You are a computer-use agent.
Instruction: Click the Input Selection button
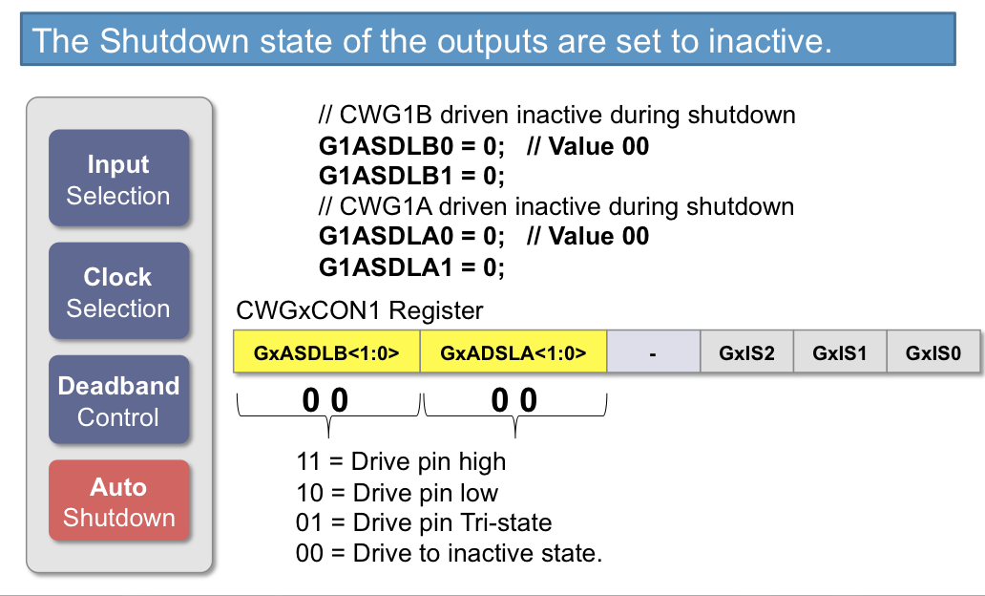(118, 178)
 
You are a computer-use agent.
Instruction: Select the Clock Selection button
(118, 291)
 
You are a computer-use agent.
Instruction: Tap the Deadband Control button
(118, 400)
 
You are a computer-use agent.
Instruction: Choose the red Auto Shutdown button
(118, 500)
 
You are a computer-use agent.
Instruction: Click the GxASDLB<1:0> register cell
(326, 352)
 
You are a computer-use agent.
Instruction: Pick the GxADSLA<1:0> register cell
(513, 352)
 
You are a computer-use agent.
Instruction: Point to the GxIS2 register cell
(747, 352)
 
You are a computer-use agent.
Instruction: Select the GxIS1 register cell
(840, 352)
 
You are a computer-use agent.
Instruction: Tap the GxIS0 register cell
(933, 352)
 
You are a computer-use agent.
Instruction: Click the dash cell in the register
(653, 352)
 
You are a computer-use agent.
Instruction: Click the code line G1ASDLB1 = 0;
(411, 176)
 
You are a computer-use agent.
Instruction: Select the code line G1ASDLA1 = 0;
(411, 267)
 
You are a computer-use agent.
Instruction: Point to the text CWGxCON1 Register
(359, 310)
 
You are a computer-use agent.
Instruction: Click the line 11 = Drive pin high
(401, 461)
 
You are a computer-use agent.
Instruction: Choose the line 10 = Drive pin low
(397, 493)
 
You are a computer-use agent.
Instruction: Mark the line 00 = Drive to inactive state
(450, 553)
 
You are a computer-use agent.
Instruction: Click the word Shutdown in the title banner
(175, 41)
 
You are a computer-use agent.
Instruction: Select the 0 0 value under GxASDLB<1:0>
(325, 400)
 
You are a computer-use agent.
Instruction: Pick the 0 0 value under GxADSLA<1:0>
(513, 400)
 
